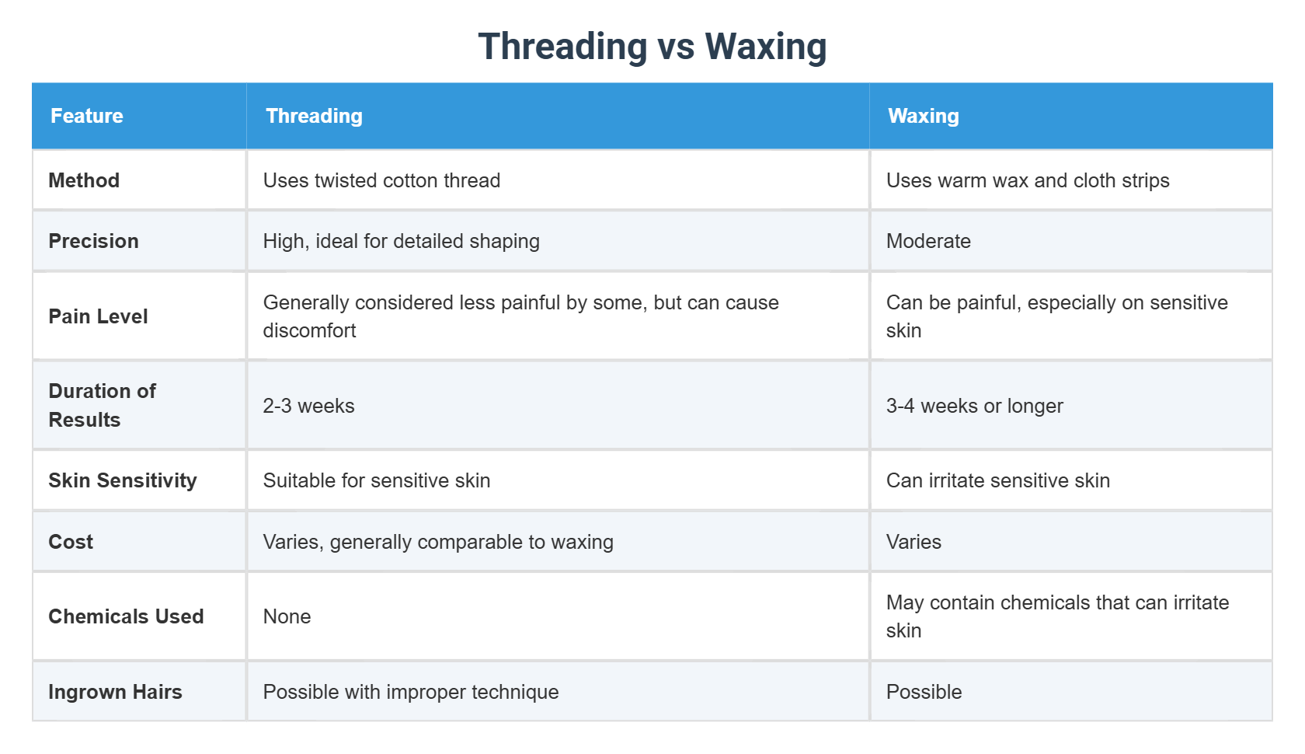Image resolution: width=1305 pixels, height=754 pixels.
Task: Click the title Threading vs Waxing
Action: pyautogui.click(x=652, y=47)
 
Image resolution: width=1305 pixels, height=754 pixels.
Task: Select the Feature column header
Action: pyautogui.click(x=87, y=116)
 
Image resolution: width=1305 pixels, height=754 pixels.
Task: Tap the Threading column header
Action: pyautogui.click(x=314, y=116)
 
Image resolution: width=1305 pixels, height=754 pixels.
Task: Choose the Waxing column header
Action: pyautogui.click(x=923, y=116)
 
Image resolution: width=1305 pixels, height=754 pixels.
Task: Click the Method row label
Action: pyautogui.click(x=84, y=180)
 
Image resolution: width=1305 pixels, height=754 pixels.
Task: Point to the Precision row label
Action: pyautogui.click(x=93, y=241)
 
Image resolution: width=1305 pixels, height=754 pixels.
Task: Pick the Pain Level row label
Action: pyautogui.click(x=98, y=316)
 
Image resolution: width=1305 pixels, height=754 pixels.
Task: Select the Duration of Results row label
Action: pyautogui.click(x=102, y=405)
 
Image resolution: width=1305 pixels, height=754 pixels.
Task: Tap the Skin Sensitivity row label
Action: pyautogui.click(x=123, y=480)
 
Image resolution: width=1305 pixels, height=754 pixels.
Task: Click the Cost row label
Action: pyautogui.click(x=71, y=542)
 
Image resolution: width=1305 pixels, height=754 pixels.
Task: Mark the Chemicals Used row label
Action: pyautogui.click(x=126, y=616)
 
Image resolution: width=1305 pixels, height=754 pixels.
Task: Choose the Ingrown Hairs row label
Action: pyautogui.click(x=115, y=692)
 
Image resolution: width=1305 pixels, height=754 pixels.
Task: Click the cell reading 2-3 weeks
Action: pyautogui.click(x=308, y=406)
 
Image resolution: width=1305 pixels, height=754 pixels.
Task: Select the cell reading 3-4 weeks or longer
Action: pyautogui.click(x=974, y=406)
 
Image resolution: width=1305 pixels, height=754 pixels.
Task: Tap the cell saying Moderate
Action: pyautogui.click(x=928, y=241)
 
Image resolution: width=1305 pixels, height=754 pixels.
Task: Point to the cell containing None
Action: pyautogui.click(x=287, y=616)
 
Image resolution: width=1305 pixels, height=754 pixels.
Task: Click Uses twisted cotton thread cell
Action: pyautogui.click(x=381, y=180)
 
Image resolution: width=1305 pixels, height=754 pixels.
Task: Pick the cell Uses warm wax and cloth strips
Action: pyautogui.click(x=1027, y=180)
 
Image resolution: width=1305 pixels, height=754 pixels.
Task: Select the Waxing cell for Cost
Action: pyautogui.click(x=913, y=542)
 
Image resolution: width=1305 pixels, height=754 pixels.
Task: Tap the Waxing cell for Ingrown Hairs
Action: pyautogui.click(x=924, y=692)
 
